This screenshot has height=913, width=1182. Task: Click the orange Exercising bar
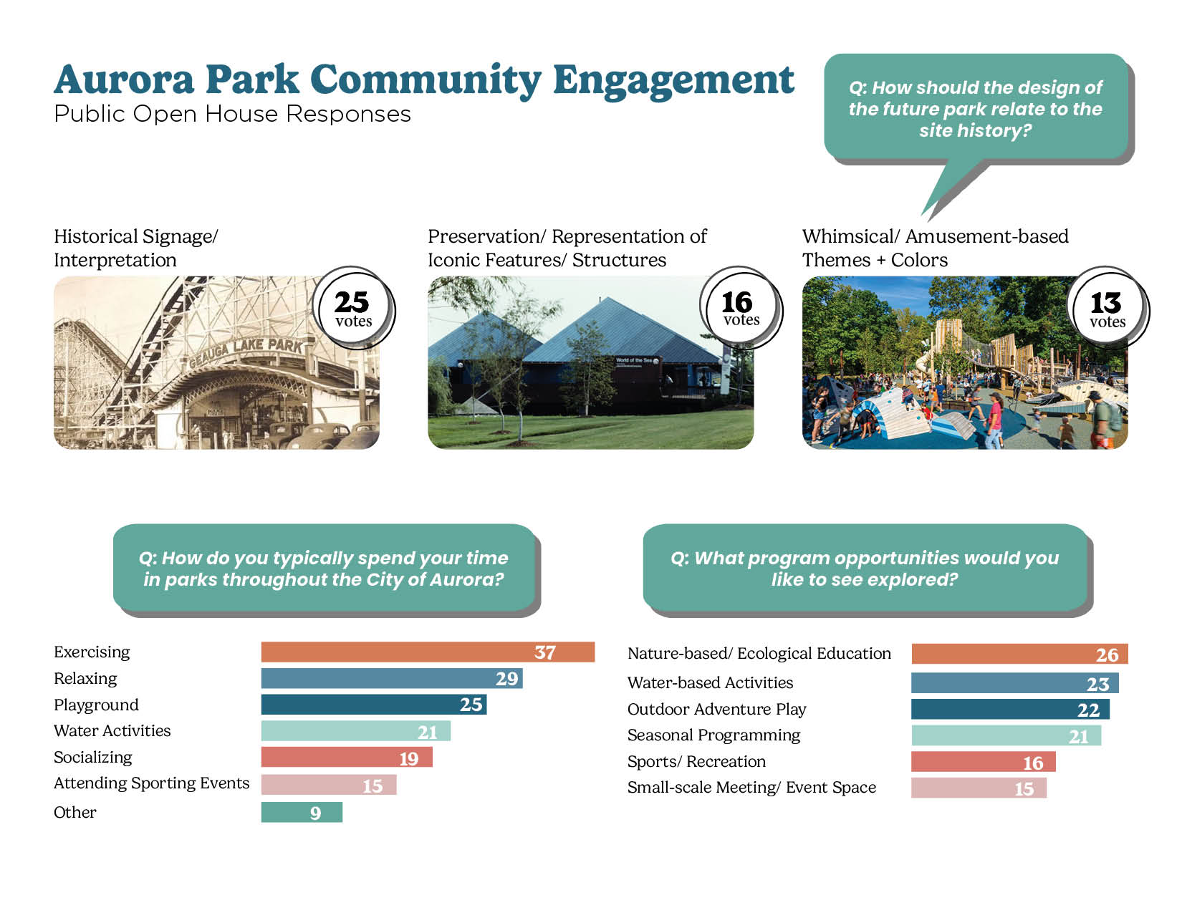pos(428,652)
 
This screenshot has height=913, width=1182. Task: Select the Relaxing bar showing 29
pos(392,678)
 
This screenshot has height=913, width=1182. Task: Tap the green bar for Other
pos(302,813)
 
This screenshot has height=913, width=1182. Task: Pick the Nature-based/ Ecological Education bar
pos(1019,654)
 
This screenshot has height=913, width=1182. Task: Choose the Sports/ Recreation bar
pos(984,761)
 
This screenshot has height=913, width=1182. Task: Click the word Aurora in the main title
pos(124,79)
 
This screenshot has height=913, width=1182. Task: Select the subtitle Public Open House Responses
pos(232,114)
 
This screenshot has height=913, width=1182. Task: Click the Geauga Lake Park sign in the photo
pos(246,352)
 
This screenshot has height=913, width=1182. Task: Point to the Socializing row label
pos(93,758)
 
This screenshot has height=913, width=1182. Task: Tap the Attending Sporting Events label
pos(151,783)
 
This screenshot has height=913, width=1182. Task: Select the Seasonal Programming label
pos(713,735)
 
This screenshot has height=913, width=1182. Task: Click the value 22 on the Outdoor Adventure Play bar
pos(1088,710)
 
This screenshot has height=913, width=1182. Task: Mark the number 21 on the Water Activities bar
pos(428,733)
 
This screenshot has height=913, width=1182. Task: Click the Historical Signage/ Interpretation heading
pos(135,248)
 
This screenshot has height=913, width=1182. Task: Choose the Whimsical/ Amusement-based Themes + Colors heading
pos(935,248)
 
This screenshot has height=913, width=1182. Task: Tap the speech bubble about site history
pos(976,109)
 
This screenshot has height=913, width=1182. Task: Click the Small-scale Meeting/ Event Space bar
pos(979,788)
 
